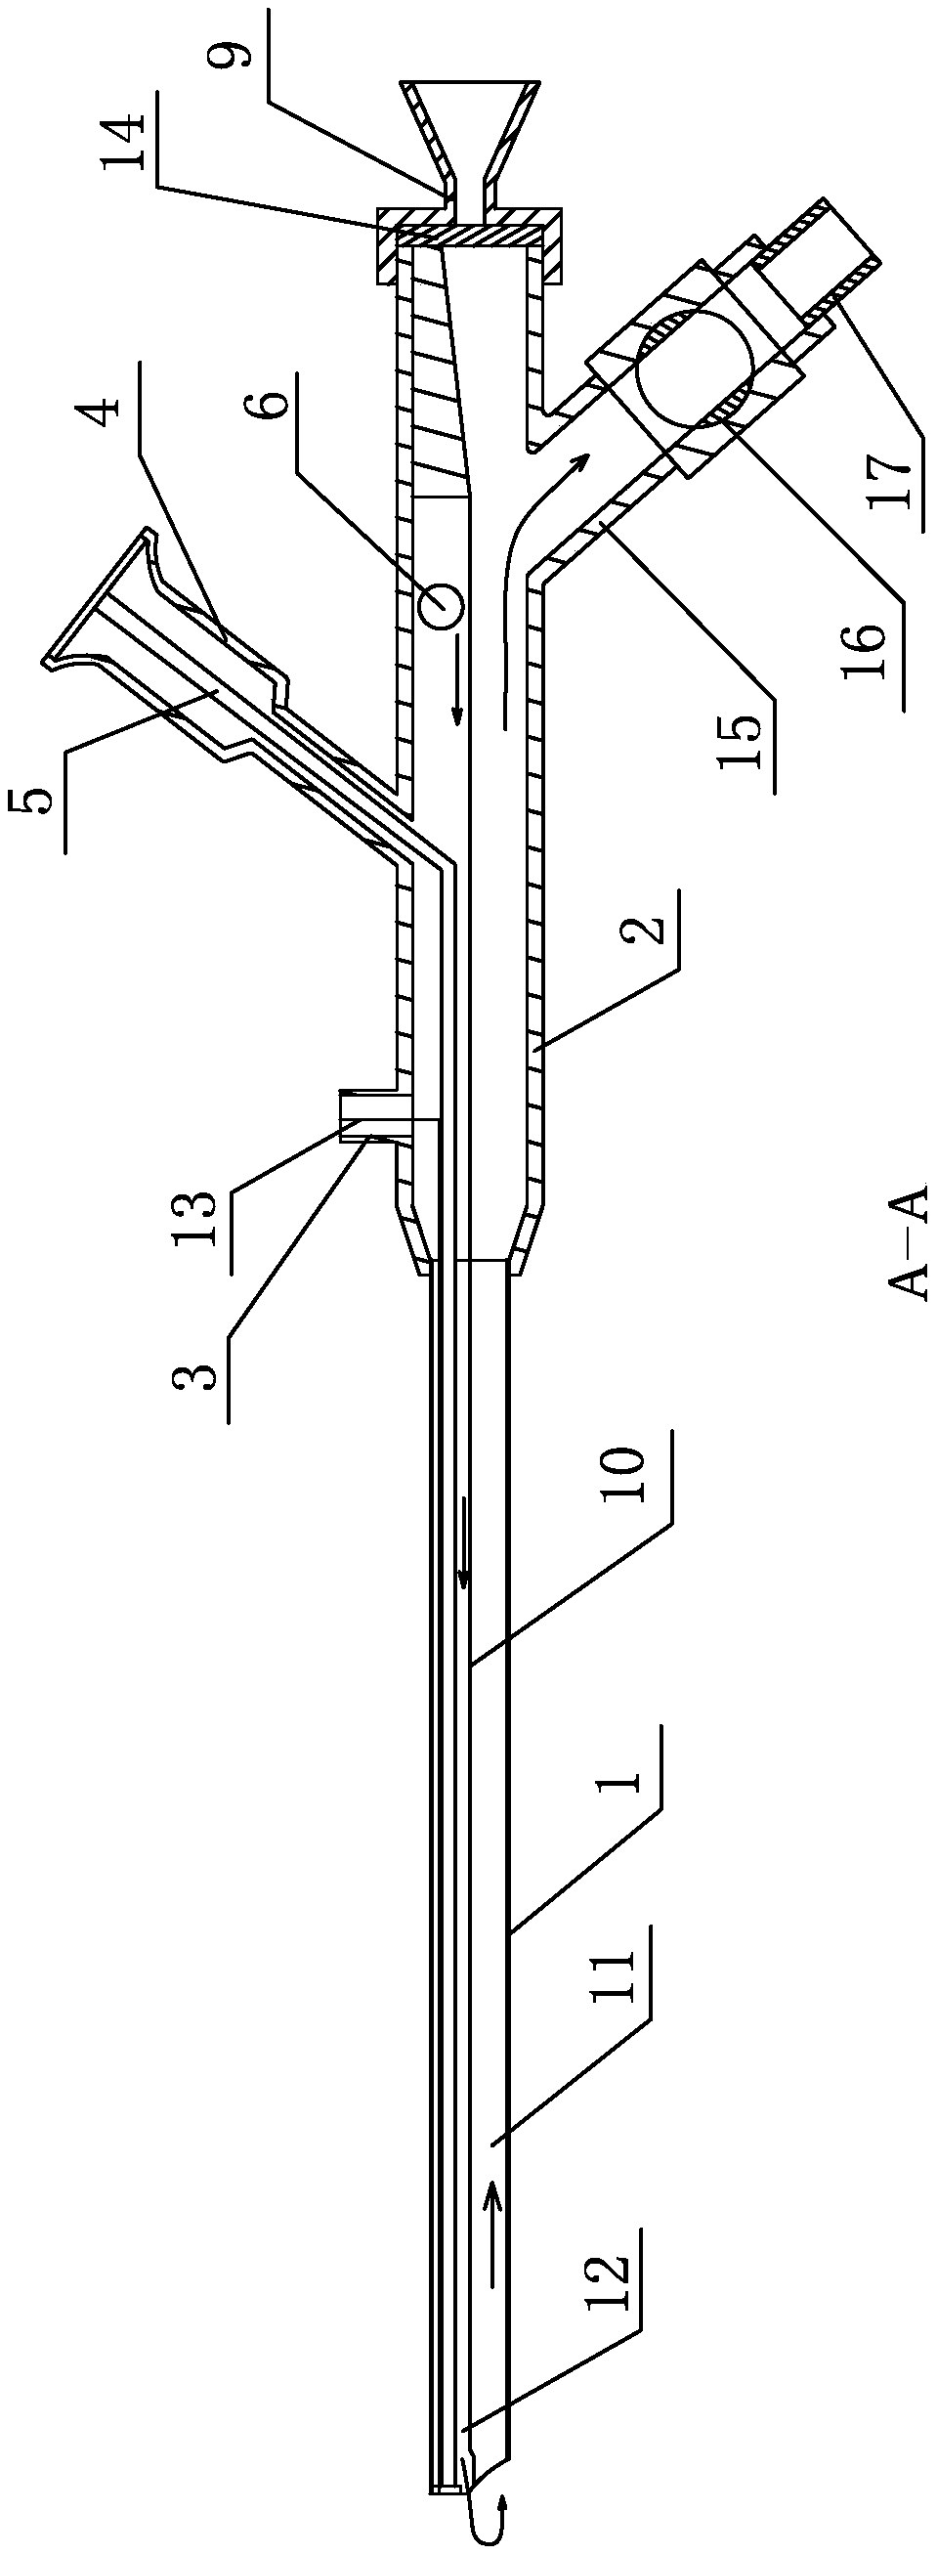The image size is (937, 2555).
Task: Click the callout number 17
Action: [x=888, y=478]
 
